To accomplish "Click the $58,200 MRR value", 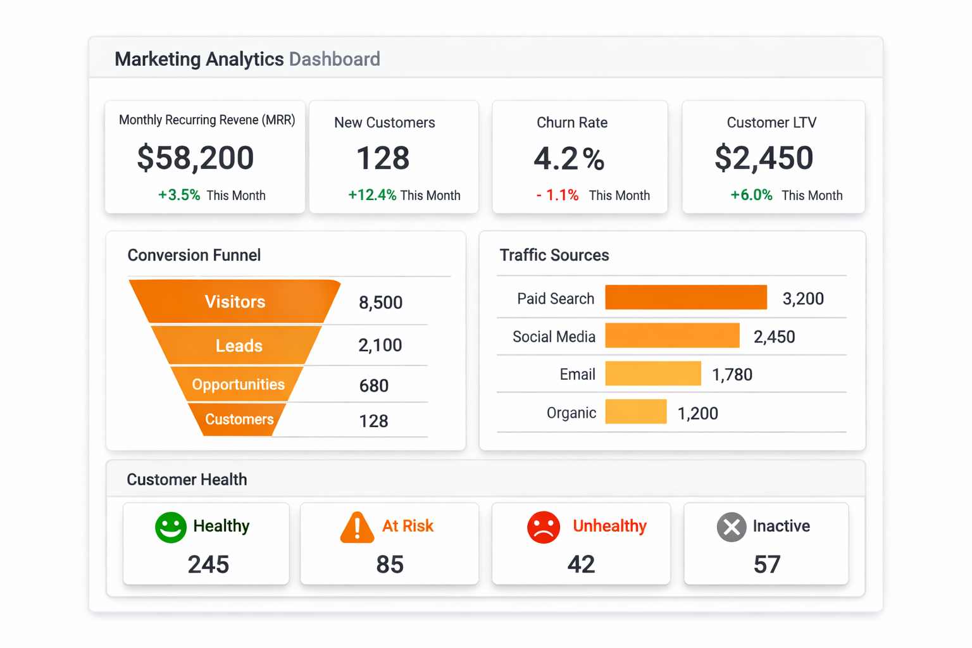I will coord(195,158).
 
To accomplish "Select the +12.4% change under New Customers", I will coord(372,195).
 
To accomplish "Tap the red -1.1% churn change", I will coord(557,195).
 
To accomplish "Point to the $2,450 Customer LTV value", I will coord(763,158).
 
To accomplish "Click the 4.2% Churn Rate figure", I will coord(569,158).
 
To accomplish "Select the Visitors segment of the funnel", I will coord(235,302).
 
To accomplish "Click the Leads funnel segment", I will coord(239,346).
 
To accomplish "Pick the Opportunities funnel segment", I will coord(238,385).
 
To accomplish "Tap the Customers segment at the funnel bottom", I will coord(239,420).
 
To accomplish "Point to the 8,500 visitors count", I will coord(380,302).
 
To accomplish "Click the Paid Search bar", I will coord(686,297).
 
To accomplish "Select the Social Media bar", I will coord(672,336).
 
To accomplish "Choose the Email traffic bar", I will coord(653,374).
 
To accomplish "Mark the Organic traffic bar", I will coord(636,412).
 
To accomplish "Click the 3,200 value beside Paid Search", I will coord(802,299).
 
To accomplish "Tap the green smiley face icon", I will coord(171,527).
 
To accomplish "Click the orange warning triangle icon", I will coord(358,528).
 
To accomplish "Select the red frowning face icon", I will coord(544,527).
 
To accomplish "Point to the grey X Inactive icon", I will coord(732,527).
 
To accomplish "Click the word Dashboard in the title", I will coord(334,59).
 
